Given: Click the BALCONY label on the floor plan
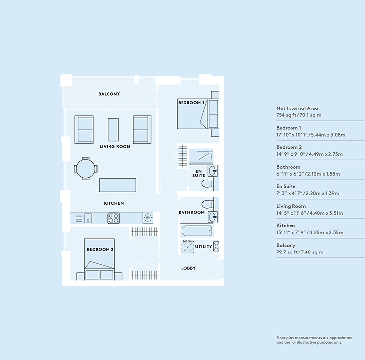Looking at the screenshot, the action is click(109, 94).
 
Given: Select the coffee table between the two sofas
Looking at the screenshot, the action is click(113, 129).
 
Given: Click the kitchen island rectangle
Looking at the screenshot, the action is click(117, 185).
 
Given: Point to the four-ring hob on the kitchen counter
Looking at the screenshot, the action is click(113, 217).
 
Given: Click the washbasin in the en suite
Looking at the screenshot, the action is click(212, 171).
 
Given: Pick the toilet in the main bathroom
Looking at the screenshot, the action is click(208, 203).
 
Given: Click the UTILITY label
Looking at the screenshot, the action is click(204, 246).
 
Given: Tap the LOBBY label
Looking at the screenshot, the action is click(188, 268).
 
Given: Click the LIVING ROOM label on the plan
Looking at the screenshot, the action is click(114, 146).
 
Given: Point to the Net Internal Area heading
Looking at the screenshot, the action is click(297, 108).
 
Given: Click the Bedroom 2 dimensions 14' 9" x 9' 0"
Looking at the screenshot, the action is click(310, 154).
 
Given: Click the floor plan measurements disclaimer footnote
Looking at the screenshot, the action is click(314, 340).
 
